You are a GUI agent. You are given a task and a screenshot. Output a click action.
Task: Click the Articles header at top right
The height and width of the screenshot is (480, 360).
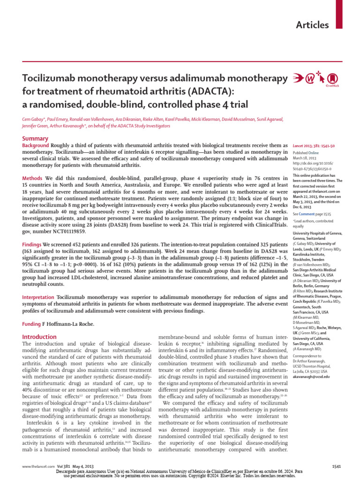click(x=312, y=25)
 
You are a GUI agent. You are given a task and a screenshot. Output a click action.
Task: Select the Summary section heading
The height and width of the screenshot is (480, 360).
click(x=36, y=138)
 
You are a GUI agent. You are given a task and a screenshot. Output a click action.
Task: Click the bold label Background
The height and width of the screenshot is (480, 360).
click(x=36, y=146)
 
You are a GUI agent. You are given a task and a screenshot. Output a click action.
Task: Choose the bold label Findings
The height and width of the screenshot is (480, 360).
click(x=32, y=245)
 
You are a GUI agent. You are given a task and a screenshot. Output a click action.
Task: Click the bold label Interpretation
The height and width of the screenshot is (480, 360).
click(x=39, y=297)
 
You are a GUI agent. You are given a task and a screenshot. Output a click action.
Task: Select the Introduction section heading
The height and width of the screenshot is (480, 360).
click(x=40, y=337)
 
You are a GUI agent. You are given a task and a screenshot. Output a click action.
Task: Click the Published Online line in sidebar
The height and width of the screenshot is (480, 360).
click(x=306, y=153)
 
